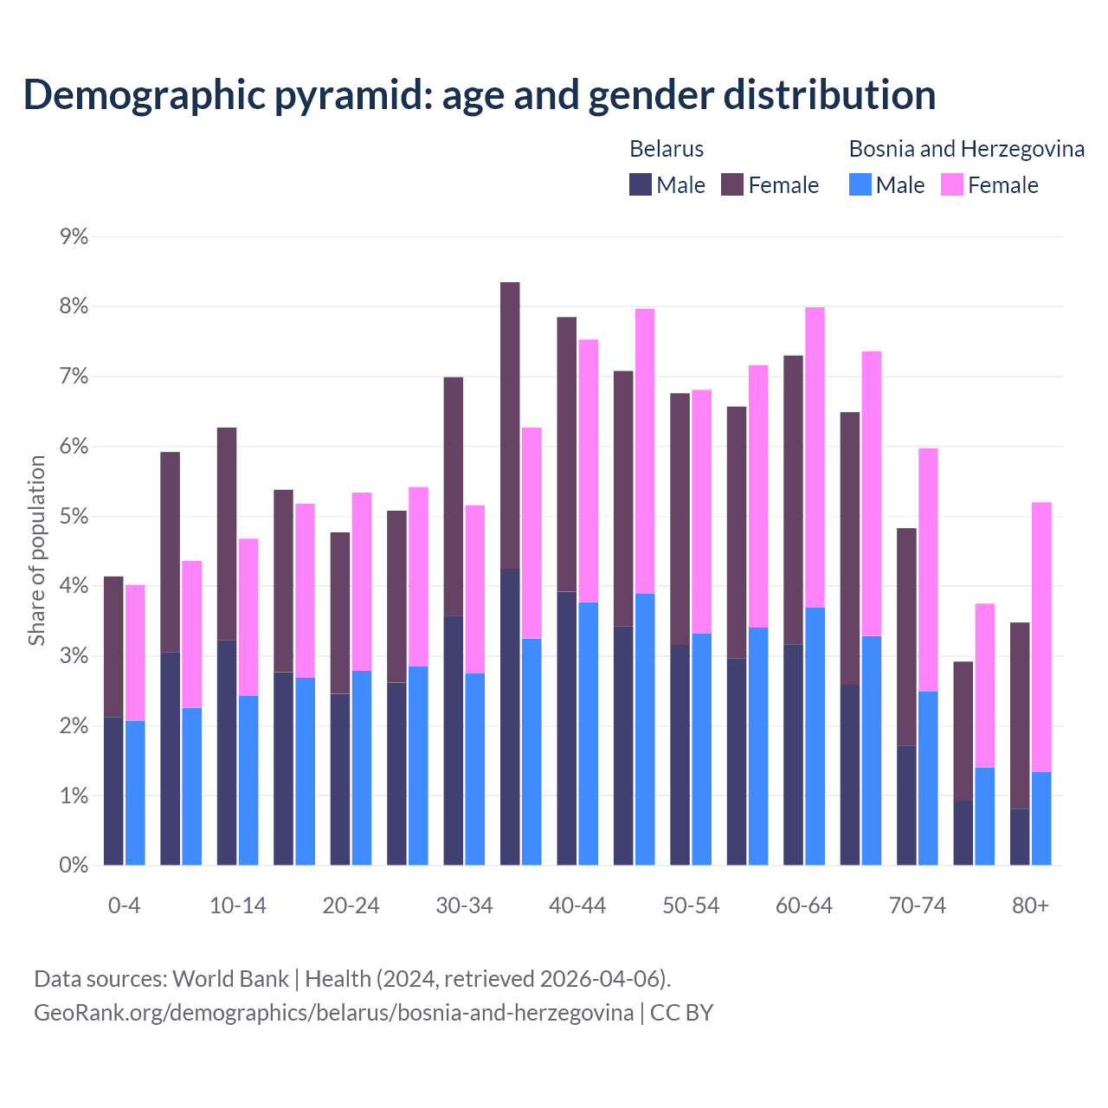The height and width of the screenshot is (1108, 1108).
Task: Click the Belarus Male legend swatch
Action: (x=641, y=184)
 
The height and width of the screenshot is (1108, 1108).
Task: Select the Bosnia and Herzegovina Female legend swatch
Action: (x=952, y=184)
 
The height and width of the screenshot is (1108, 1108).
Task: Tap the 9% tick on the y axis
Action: (x=74, y=236)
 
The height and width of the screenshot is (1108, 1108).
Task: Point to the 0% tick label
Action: (x=74, y=865)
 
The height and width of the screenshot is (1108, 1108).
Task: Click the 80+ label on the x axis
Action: (x=1030, y=905)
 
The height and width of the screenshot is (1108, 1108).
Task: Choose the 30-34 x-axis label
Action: (x=464, y=905)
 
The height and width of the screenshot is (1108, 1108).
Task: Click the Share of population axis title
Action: (x=37, y=551)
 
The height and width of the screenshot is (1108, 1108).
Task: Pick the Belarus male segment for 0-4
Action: (x=113, y=790)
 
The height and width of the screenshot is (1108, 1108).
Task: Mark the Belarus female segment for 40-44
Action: (x=567, y=454)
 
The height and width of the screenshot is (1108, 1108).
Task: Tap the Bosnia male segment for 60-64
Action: (x=815, y=736)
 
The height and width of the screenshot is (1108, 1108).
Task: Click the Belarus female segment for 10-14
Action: (x=227, y=533)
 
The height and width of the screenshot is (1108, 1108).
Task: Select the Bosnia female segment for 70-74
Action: (x=928, y=569)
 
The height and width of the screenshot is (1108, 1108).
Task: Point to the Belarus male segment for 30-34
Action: (x=454, y=740)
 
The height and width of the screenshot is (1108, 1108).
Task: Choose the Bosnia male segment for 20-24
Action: (x=362, y=767)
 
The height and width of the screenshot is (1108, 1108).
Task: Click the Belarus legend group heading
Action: (x=667, y=149)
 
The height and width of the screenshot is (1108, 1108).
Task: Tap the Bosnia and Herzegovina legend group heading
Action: (x=966, y=149)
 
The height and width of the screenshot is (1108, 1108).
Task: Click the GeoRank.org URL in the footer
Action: (x=333, y=1013)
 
